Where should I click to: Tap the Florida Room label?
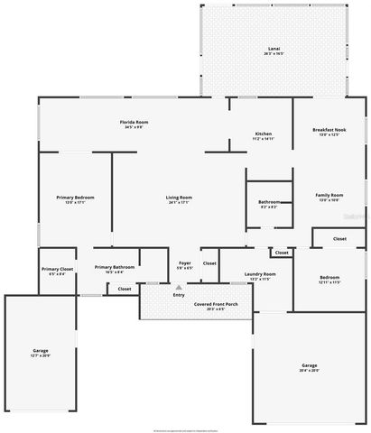click(x=134, y=124)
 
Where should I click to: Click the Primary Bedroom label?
click(x=75, y=199)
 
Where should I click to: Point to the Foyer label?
click(x=184, y=264)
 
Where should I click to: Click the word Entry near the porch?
click(x=179, y=295)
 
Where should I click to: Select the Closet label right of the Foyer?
click(x=209, y=263)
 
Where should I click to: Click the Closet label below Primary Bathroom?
click(x=124, y=289)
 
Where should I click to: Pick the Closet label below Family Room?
click(x=339, y=238)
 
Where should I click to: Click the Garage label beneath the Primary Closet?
click(x=42, y=352)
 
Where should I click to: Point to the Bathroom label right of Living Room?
click(x=269, y=204)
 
